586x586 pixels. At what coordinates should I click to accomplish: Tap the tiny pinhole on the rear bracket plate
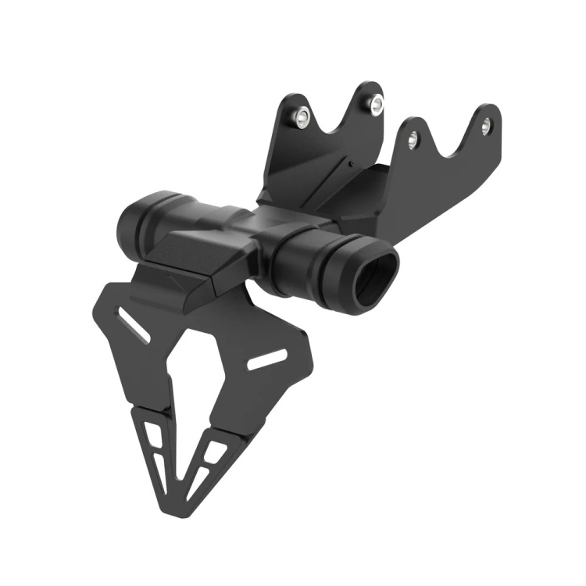pyautogui.click(x=352, y=164)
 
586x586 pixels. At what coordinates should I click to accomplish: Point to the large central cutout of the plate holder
pyautogui.click(x=192, y=367)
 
